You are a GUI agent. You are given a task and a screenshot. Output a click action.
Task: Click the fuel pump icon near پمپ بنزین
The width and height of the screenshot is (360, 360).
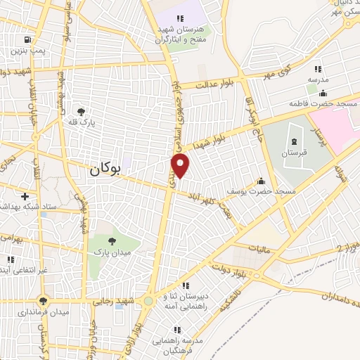point(27,40)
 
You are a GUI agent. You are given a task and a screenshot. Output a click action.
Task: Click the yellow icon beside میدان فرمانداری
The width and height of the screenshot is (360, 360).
point(44,300)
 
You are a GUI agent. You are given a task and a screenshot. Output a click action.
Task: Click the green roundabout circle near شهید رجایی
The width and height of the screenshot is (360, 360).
point(148,301)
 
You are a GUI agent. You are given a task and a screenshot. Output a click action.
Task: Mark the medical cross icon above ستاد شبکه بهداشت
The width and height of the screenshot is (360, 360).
point(25,196)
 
